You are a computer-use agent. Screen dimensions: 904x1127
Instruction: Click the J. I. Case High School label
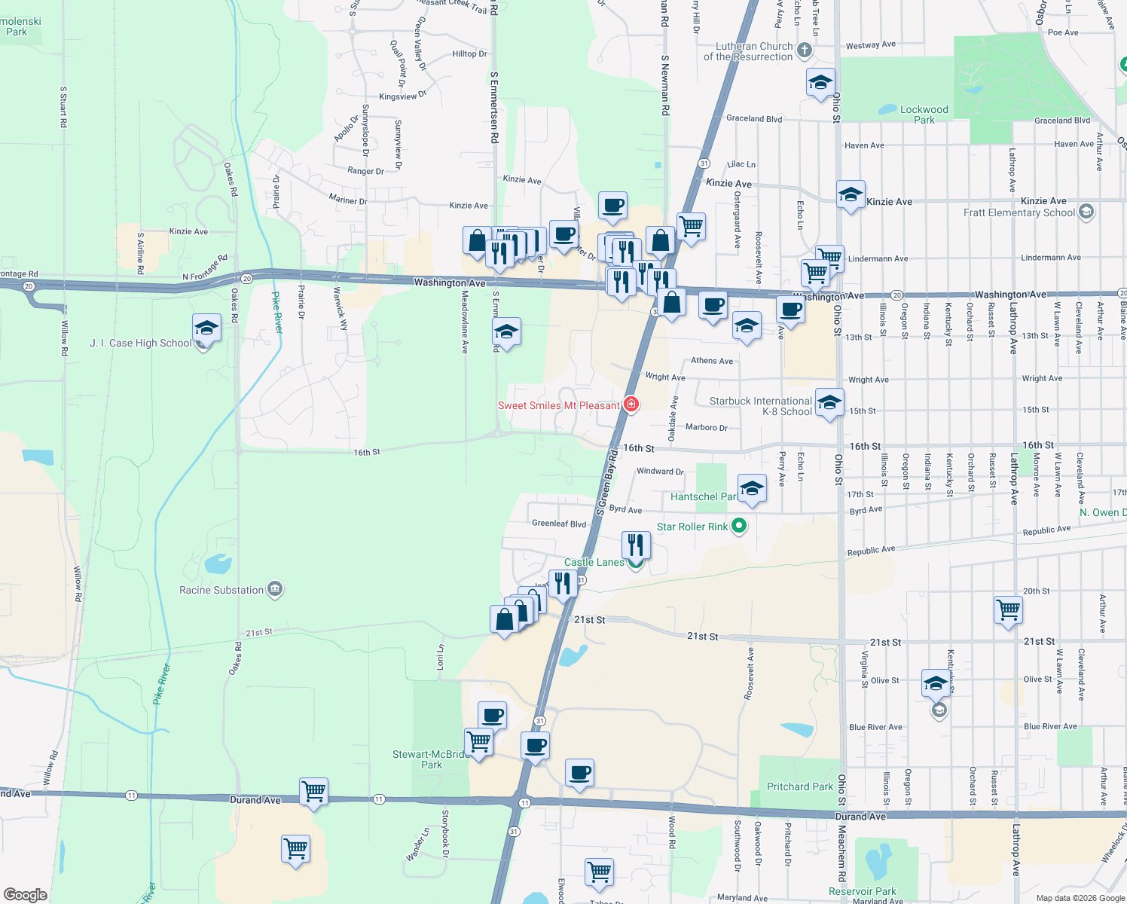point(141,343)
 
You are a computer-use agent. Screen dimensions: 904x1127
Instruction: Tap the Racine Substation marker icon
point(275,589)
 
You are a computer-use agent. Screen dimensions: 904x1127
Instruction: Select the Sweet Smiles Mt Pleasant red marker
point(631,405)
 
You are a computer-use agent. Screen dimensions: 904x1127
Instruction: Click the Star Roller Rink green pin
point(739,526)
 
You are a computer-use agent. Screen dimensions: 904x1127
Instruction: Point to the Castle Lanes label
point(594,562)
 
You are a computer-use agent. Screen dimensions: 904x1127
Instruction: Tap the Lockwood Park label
point(924,115)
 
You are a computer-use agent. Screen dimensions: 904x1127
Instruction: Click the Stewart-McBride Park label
point(431,759)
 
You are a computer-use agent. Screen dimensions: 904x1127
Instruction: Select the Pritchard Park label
point(799,786)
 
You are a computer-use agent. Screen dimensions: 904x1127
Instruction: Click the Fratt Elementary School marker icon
point(1086,212)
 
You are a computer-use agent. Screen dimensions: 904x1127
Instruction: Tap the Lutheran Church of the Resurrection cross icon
point(805,50)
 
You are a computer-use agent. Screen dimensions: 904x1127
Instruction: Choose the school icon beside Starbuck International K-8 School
point(829,403)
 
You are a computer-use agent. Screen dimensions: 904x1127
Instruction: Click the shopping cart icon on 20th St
point(1008,609)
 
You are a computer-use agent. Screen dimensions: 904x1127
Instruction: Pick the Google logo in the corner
point(25,894)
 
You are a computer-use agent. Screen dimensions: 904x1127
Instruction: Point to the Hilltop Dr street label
point(469,53)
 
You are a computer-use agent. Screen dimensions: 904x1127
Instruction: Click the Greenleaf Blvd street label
point(558,524)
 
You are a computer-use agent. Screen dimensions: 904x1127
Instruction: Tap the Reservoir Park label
point(863,891)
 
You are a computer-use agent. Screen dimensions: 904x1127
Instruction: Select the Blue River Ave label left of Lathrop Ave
point(875,727)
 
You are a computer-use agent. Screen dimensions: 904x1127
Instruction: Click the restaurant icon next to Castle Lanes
point(636,543)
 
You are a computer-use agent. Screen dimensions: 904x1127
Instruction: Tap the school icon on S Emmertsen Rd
point(506,331)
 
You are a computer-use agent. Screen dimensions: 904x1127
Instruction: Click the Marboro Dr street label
point(706,427)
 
